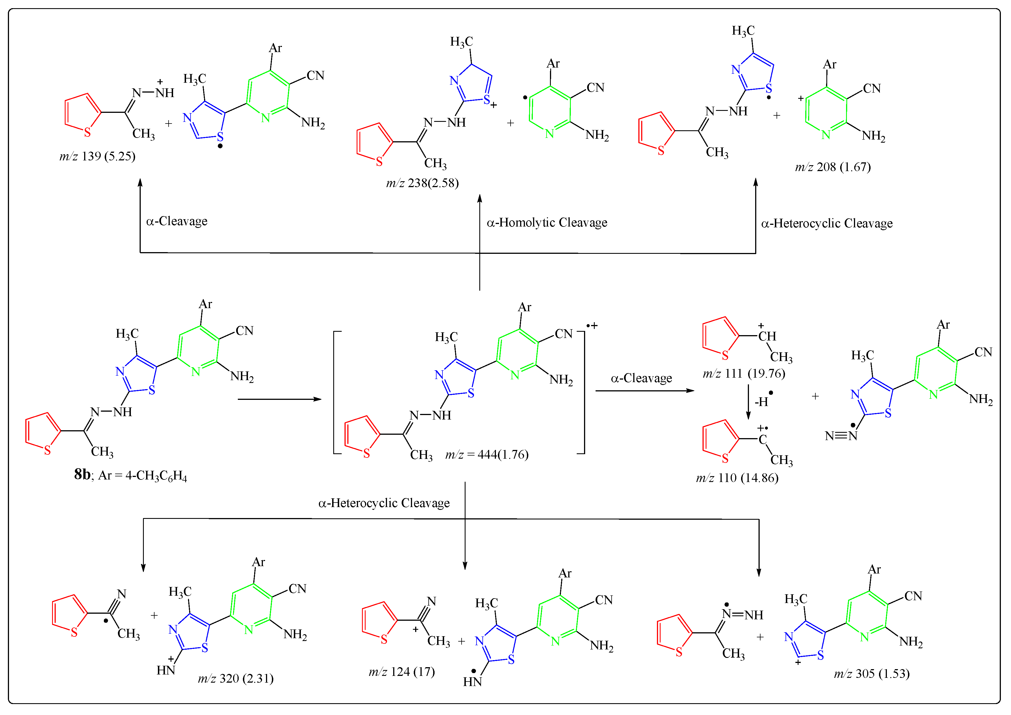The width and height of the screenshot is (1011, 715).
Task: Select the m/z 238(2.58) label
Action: click(422, 183)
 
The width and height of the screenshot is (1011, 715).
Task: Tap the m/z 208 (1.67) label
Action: click(832, 167)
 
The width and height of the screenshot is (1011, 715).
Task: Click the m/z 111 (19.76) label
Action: click(744, 374)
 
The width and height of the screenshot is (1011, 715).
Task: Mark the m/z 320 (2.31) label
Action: click(236, 678)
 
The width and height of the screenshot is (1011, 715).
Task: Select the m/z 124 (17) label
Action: click(402, 672)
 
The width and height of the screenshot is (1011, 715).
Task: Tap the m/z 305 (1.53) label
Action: click(871, 674)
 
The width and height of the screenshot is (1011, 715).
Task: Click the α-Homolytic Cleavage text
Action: click(546, 223)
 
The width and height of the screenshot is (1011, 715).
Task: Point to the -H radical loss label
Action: click(763, 401)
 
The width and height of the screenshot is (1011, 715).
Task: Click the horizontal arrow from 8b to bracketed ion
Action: click(279, 399)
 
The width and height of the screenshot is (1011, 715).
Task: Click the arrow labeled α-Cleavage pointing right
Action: click(644, 391)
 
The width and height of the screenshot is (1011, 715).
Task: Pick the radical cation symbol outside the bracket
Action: click(592, 326)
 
